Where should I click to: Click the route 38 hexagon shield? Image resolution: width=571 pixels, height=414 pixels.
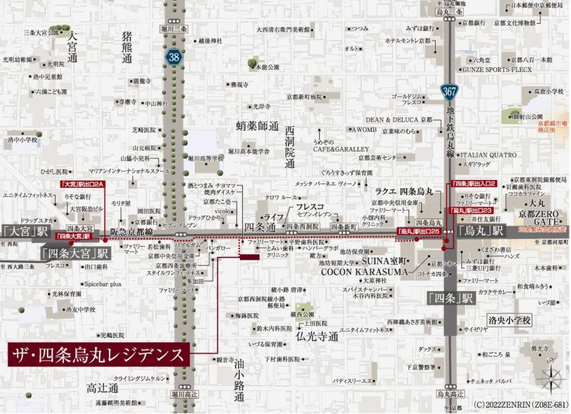pos(173,57)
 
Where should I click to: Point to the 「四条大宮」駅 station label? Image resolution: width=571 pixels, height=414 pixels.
pos(75,252)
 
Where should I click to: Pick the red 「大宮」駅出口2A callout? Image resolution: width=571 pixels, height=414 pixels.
pos(83,183)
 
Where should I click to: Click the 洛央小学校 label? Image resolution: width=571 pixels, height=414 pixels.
pos(510,320)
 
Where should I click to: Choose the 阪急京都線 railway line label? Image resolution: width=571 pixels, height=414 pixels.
pos(131,230)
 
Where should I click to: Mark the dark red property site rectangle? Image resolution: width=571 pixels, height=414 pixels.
pos(249,257)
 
